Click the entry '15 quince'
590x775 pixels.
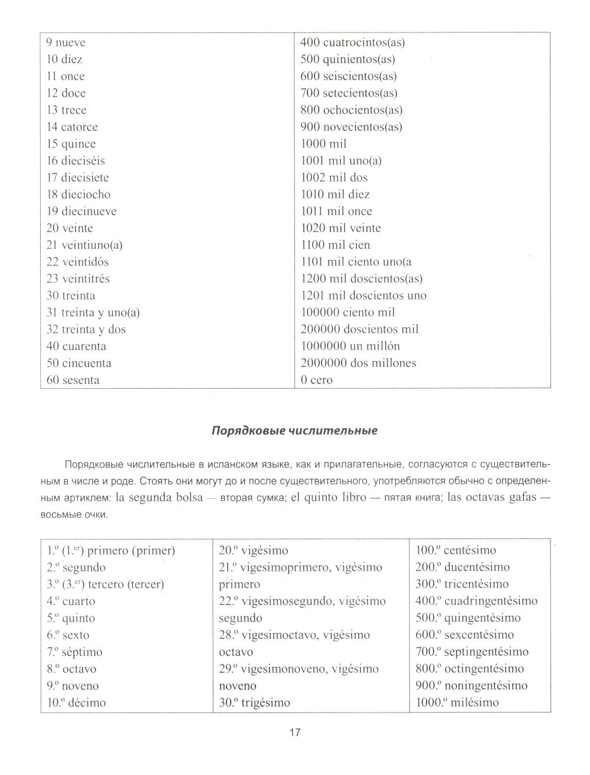(x=71, y=144)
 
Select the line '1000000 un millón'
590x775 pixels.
(x=350, y=346)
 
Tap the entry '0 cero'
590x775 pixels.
(x=316, y=380)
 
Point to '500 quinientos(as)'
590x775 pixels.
(x=348, y=60)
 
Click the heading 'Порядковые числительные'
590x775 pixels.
(x=294, y=431)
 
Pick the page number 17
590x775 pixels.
(x=295, y=733)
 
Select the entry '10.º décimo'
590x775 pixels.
(x=76, y=703)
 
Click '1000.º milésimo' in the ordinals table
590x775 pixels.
(x=457, y=703)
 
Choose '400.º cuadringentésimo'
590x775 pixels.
(x=476, y=602)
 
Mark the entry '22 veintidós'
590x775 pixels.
(x=77, y=262)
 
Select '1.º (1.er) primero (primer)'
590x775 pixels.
(x=111, y=551)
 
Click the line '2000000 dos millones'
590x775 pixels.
(x=358, y=363)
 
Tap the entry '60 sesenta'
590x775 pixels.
(x=73, y=380)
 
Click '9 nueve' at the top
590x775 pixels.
(x=65, y=42)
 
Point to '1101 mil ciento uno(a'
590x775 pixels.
(x=356, y=262)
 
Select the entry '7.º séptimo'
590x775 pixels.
(x=74, y=652)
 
